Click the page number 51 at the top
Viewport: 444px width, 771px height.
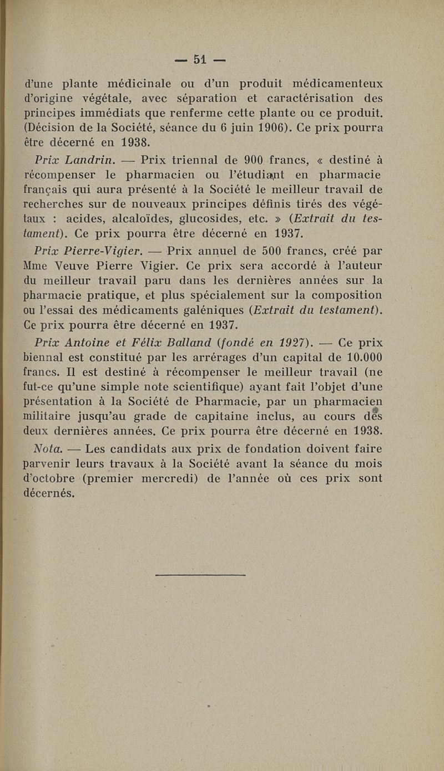200,59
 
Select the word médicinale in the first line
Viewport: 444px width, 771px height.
138,85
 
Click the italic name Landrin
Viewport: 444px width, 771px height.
90,161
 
